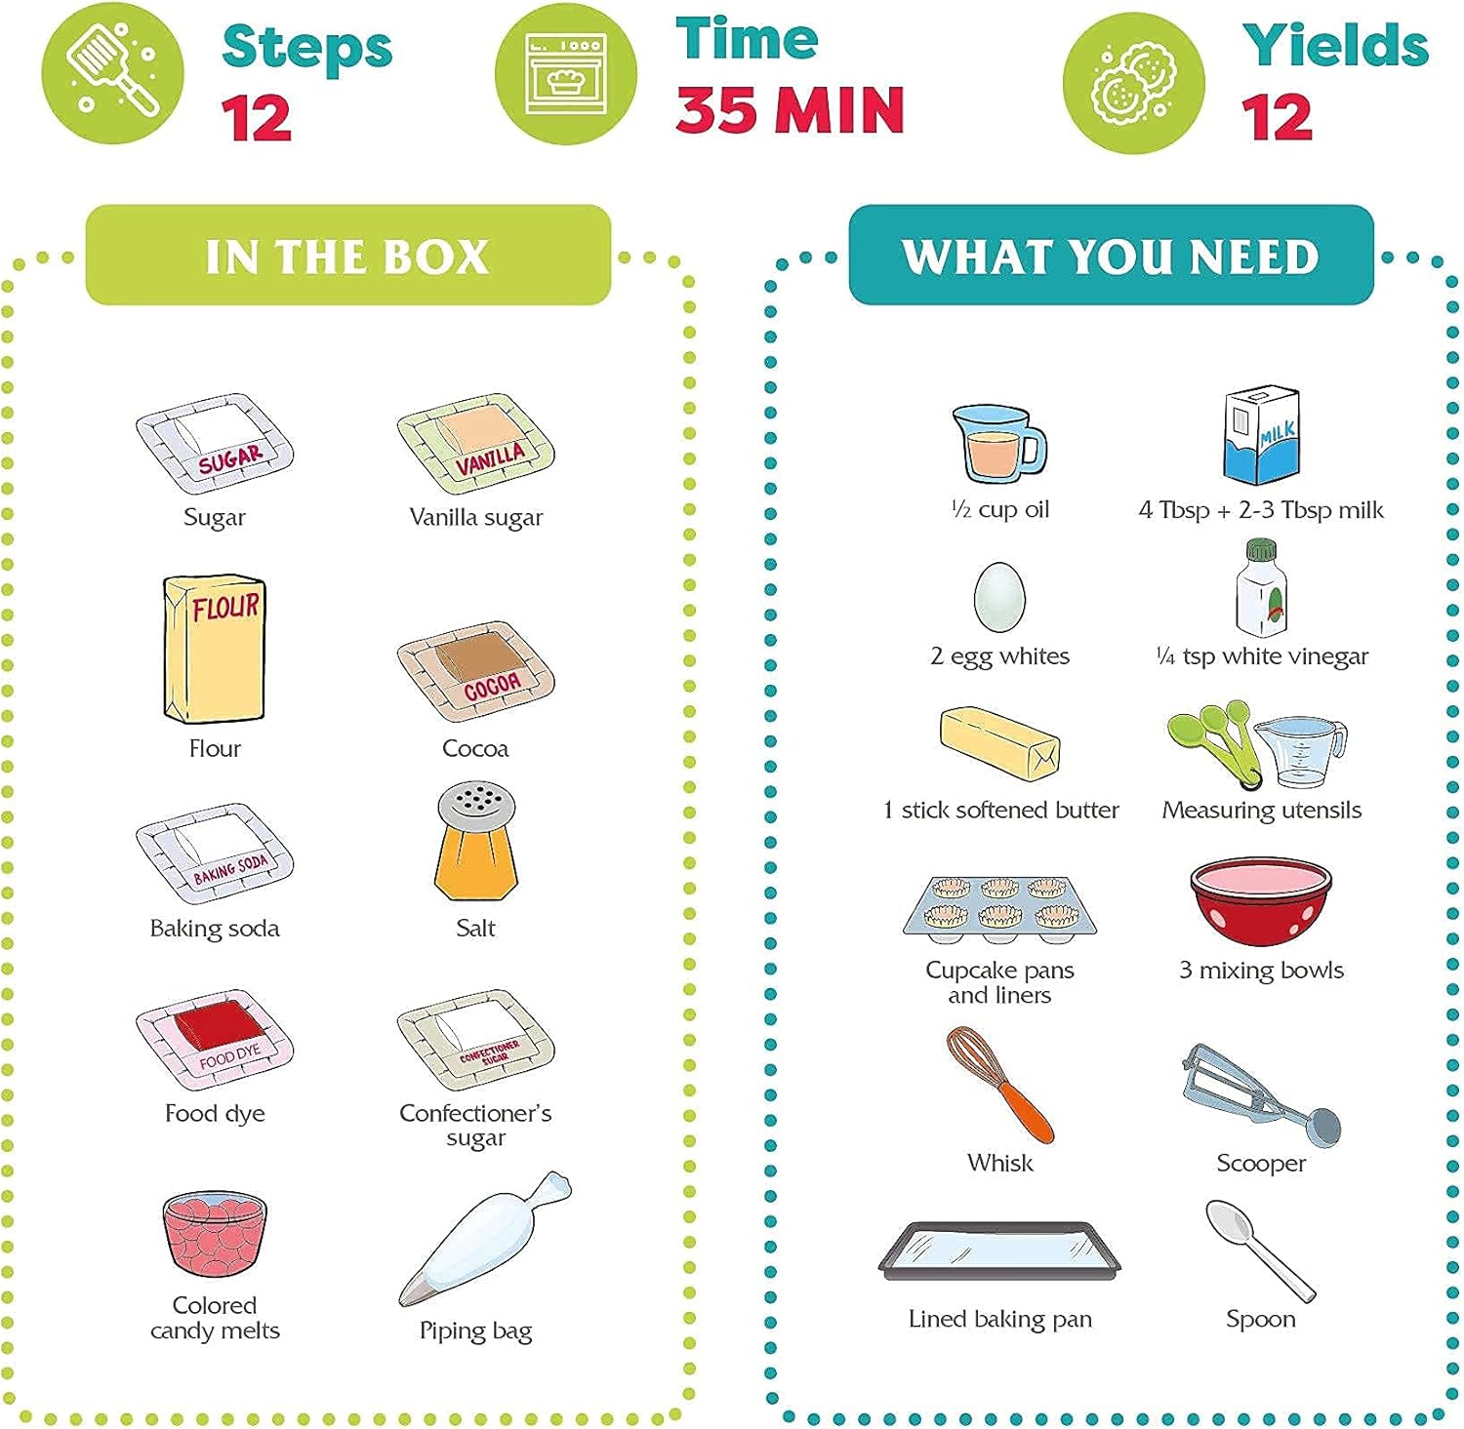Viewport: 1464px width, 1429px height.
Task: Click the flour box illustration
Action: [215, 649]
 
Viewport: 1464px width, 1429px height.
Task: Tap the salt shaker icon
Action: [476, 840]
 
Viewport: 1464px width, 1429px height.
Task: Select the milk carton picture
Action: [1262, 435]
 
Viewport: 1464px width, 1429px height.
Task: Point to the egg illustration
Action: [999, 597]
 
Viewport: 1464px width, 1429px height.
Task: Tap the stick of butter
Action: [1000, 742]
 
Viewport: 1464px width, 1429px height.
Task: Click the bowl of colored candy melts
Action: [215, 1235]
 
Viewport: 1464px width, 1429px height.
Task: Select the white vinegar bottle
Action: [1261, 587]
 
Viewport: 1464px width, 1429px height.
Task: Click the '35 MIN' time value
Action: [790, 109]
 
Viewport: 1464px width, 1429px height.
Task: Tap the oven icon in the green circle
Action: [566, 74]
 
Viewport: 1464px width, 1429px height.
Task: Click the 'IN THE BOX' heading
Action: [347, 257]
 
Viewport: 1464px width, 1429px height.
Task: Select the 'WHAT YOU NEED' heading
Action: [1111, 257]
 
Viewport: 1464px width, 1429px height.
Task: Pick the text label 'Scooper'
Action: [1261, 1163]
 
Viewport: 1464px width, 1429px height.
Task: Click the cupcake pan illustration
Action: [1000, 908]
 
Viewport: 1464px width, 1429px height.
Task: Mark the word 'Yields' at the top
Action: [1335, 44]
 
